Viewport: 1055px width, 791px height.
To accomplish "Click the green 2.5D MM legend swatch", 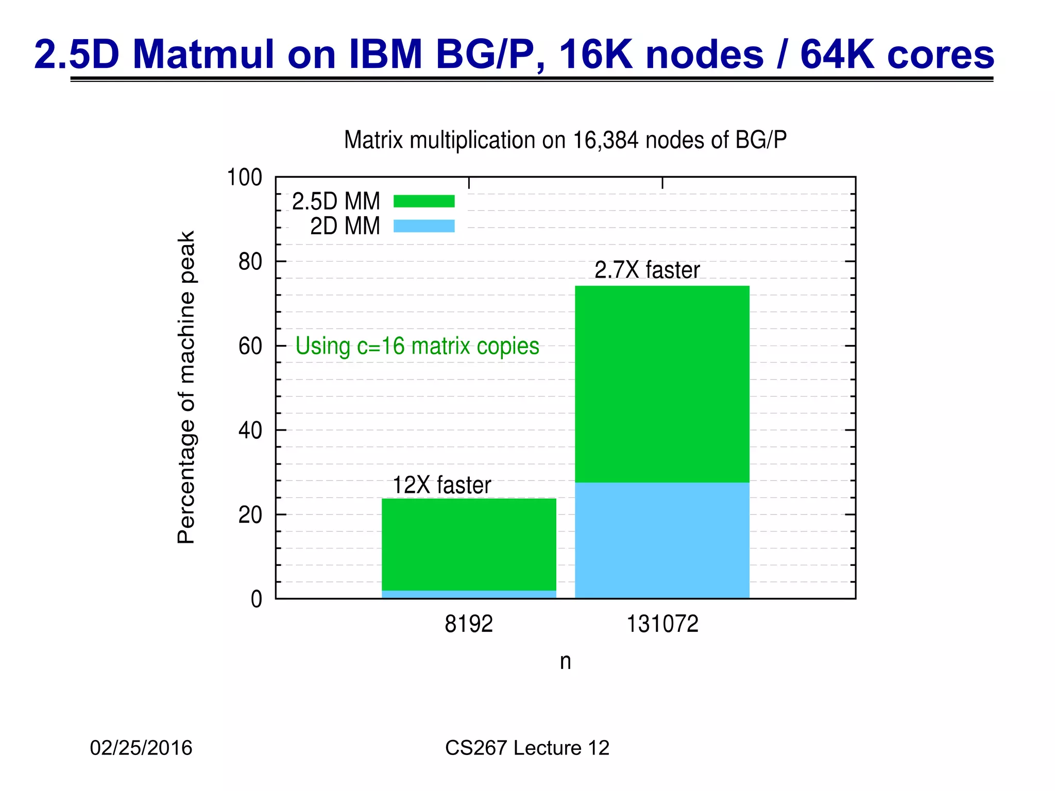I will (x=423, y=201).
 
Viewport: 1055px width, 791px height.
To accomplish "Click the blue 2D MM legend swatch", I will (x=423, y=226).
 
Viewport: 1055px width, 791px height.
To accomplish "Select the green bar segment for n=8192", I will (x=469, y=544).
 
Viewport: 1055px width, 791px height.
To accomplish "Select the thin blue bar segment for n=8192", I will (x=469, y=594).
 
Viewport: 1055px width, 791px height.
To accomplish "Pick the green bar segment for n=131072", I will (x=662, y=384).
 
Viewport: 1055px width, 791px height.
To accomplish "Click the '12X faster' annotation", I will (x=441, y=485).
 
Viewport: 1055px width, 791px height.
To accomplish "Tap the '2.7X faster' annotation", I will (x=647, y=270).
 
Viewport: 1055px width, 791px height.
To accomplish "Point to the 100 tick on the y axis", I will (x=245, y=178).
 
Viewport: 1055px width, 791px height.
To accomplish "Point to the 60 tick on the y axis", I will (x=250, y=346).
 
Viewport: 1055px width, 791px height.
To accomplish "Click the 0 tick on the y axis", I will (x=256, y=599).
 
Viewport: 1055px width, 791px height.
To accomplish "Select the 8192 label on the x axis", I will (x=468, y=624).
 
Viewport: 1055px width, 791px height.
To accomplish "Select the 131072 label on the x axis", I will (x=662, y=624).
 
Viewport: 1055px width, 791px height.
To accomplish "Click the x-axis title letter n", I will (x=565, y=662).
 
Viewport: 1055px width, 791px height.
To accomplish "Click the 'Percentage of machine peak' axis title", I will (x=186, y=387).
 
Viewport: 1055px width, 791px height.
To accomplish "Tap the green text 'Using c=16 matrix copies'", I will (x=417, y=346).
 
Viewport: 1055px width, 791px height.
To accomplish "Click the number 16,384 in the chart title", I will (x=607, y=140).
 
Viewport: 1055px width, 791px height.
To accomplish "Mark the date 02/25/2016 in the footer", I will (x=141, y=748).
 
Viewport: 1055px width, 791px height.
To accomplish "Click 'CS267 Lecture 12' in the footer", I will (x=527, y=748).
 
